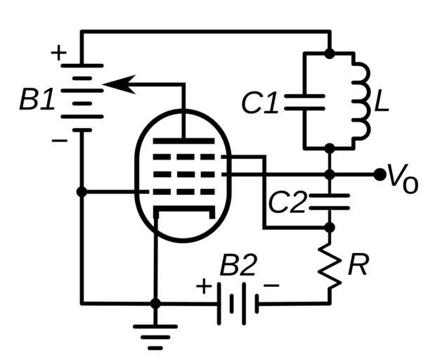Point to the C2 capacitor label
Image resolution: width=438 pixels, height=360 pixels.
pyautogui.click(x=287, y=202)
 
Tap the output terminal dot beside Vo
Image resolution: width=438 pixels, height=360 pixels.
pyautogui.click(x=380, y=173)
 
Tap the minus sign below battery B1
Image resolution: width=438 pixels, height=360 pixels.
pyautogui.click(x=60, y=141)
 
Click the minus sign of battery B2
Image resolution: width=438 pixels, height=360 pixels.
pyautogui.click(x=272, y=285)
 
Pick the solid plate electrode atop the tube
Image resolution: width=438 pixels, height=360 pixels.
pyautogui.click(x=183, y=141)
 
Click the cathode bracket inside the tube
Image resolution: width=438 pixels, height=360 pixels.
pyautogui.click(x=183, y=210)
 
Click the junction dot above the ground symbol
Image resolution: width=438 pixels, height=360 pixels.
pyautogui.click(x=156, y=303)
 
